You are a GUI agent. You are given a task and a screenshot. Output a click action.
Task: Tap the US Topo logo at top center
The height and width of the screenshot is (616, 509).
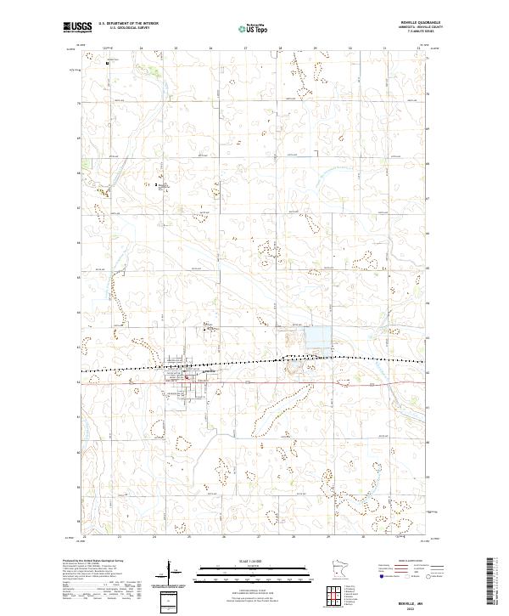click(254, 29)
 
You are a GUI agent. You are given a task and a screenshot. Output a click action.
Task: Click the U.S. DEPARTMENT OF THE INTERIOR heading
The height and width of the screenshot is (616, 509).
click(128, 24)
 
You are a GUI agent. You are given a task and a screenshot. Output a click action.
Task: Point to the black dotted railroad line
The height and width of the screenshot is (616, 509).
click(255, 364)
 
